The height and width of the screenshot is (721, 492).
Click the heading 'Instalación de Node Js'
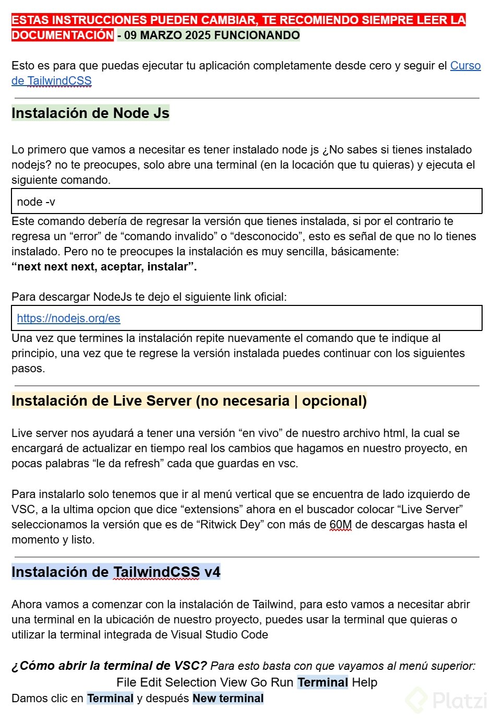[x=90, y=113]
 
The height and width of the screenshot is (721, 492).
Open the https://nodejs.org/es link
[x=68, y=318]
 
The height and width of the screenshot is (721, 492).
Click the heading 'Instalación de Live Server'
[x=102, y=401]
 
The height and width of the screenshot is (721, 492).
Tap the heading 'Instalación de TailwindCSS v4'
[x=116, y=572]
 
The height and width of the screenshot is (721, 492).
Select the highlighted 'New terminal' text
[x=228, y=699]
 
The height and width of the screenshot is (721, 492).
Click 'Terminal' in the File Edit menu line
[x=322, y=682]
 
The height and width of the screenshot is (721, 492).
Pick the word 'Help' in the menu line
[x=364, y=682]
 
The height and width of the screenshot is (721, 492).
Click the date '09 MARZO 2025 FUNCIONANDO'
[x=212, y=36]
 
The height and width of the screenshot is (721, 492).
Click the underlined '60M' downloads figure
[x=341, y=525]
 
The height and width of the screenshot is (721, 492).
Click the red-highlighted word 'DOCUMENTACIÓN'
[x=63, y=36]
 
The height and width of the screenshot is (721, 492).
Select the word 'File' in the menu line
[x=127, y=682]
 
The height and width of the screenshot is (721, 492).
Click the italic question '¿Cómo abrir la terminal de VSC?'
[x=110, y=666]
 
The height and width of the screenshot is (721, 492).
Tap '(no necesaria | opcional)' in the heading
[x=281, y=401]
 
